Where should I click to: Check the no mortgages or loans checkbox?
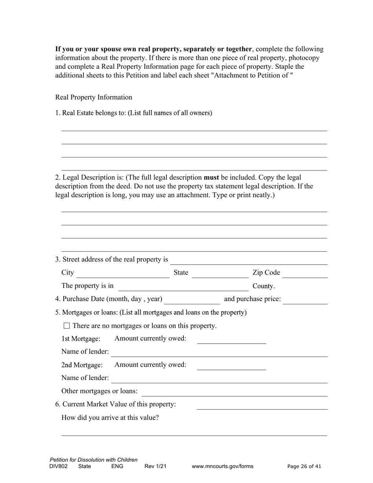[x=66, y=326]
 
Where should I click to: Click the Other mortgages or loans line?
[x=234, y=392]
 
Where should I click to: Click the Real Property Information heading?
[x=93, y=97]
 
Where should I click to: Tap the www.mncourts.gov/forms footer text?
[x=222, y=467]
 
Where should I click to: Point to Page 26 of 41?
[x=304, y=467]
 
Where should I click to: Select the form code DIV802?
[x=59, y=467]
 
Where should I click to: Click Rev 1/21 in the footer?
[x=155, y=467]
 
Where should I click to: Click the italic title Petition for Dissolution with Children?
[x=93, y=460]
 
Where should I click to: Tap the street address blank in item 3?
[x=249, y=260]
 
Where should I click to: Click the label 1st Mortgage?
[x=80, y=338]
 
